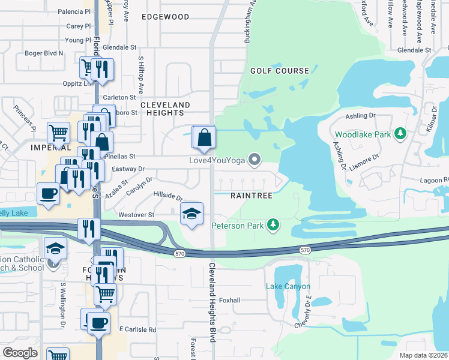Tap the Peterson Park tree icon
pyautogui.click(x=274, y=224)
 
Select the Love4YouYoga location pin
pyautogui.click(x=255, y=160)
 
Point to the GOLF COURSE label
pyautogui.click(x=280, y=71)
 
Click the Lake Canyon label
pyautogui.click(x=288, y=286)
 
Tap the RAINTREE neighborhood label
pyautogui.click(x=252, y=196)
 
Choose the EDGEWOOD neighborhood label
pyautogui.click(x=165, y=17)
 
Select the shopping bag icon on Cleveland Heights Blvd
pyautogui.click(x=204, y=137)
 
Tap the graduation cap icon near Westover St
pyautogui.click(x=191, y=214)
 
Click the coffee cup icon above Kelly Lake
pyautogui.click(x=48, y=194)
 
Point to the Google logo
pyautogui.click(x=20, y=352)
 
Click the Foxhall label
pyautogui.click(x=229, y=300)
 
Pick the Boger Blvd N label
pyautogui.click(x=44, y=53)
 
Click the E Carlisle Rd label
pyautogui.click(x=137, y=329)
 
